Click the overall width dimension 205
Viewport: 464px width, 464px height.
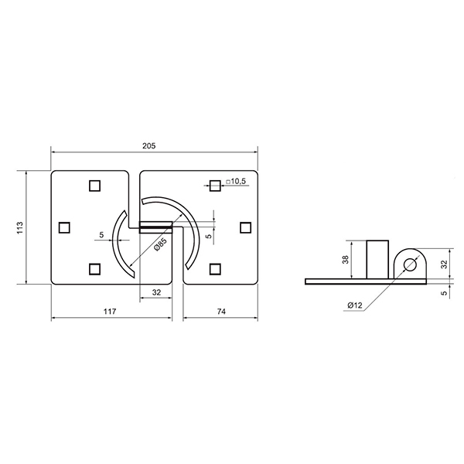[148, 146]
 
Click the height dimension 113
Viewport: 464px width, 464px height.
[19, 227]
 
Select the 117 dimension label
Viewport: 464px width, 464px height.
[110, 312]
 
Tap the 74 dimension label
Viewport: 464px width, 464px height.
[221, 312]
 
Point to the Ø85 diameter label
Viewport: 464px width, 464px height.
[160, 244]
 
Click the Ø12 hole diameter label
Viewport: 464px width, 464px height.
[355, 305]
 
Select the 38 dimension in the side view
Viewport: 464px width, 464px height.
[346, 260]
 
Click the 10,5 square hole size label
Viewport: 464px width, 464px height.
[236, 182]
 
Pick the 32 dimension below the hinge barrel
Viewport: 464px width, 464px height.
[156, 292]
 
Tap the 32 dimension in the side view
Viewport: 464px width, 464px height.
[444, 264]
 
